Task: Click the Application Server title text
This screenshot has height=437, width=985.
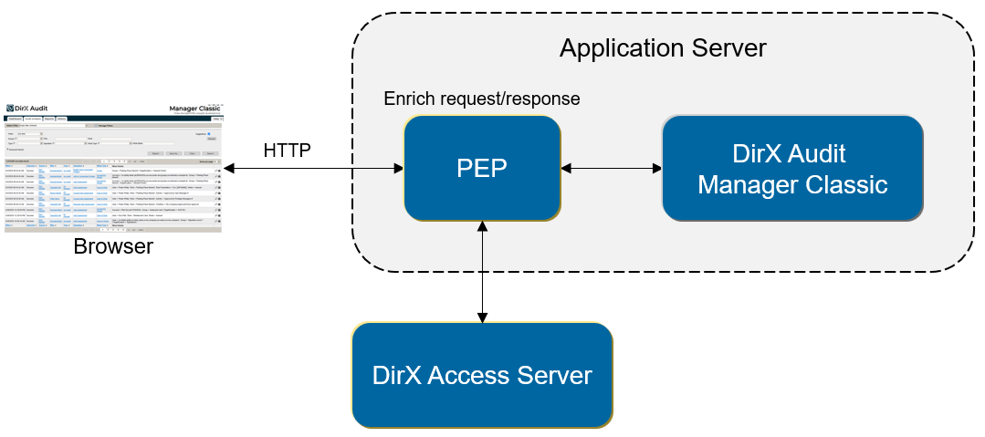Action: point(663,47)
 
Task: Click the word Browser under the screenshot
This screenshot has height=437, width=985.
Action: point(113,246)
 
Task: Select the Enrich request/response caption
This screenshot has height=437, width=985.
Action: point(482,99)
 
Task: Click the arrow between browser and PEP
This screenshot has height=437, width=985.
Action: point(310,169)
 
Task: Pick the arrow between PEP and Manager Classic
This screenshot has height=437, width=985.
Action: point(611,169)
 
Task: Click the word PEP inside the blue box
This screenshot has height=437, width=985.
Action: point(482,169)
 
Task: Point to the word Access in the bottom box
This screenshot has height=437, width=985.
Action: point(474,375)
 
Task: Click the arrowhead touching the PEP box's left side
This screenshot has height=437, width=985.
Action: point(398,169)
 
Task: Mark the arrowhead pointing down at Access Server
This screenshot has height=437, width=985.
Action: point(482,316)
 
